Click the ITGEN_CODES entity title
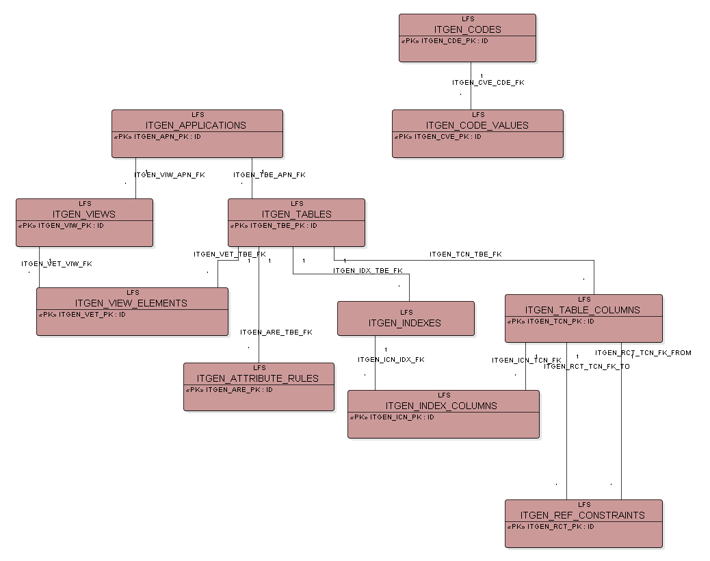(x=467, y=29)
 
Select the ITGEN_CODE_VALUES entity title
(x=477, y=125)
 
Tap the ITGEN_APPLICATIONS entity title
(x=196, y=125)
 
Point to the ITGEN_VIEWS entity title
(x=84, y=214)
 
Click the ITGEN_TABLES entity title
(x=296, y=214)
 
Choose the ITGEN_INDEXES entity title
(x=405, y=323)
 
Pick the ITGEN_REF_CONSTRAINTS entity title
(x=582, y=515)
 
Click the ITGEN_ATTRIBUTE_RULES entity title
(x=258, y=378)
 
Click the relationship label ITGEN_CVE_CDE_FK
(x=488, y=82)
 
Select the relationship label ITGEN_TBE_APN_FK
(x=269, y=175)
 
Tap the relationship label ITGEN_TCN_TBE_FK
(x=465, y=255)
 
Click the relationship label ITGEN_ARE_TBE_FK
(x=276, y=332)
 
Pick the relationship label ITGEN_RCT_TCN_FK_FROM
(x=643, y=353)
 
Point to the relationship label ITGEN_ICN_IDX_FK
(x=391, y=360)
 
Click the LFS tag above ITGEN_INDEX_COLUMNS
(x=444, y=395)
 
